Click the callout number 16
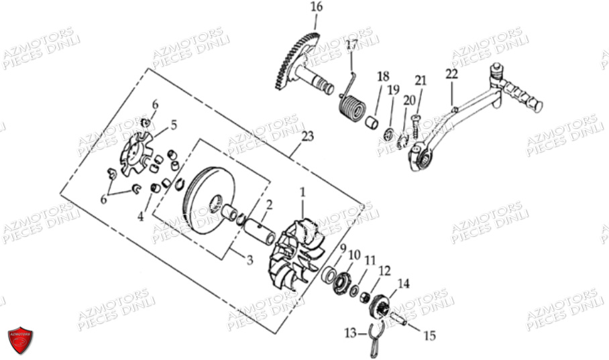click(317, 7)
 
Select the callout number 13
click(350, 333)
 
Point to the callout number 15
click(429, 336)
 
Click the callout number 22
click(451, 74)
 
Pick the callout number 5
click(173, 125)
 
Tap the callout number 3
click(250, 260)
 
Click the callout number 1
click(302, 192)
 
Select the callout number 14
click(404, 284)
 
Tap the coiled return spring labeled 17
click(351, 104)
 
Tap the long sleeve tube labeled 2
click(259, 232)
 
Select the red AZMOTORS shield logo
click(21, 340)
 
